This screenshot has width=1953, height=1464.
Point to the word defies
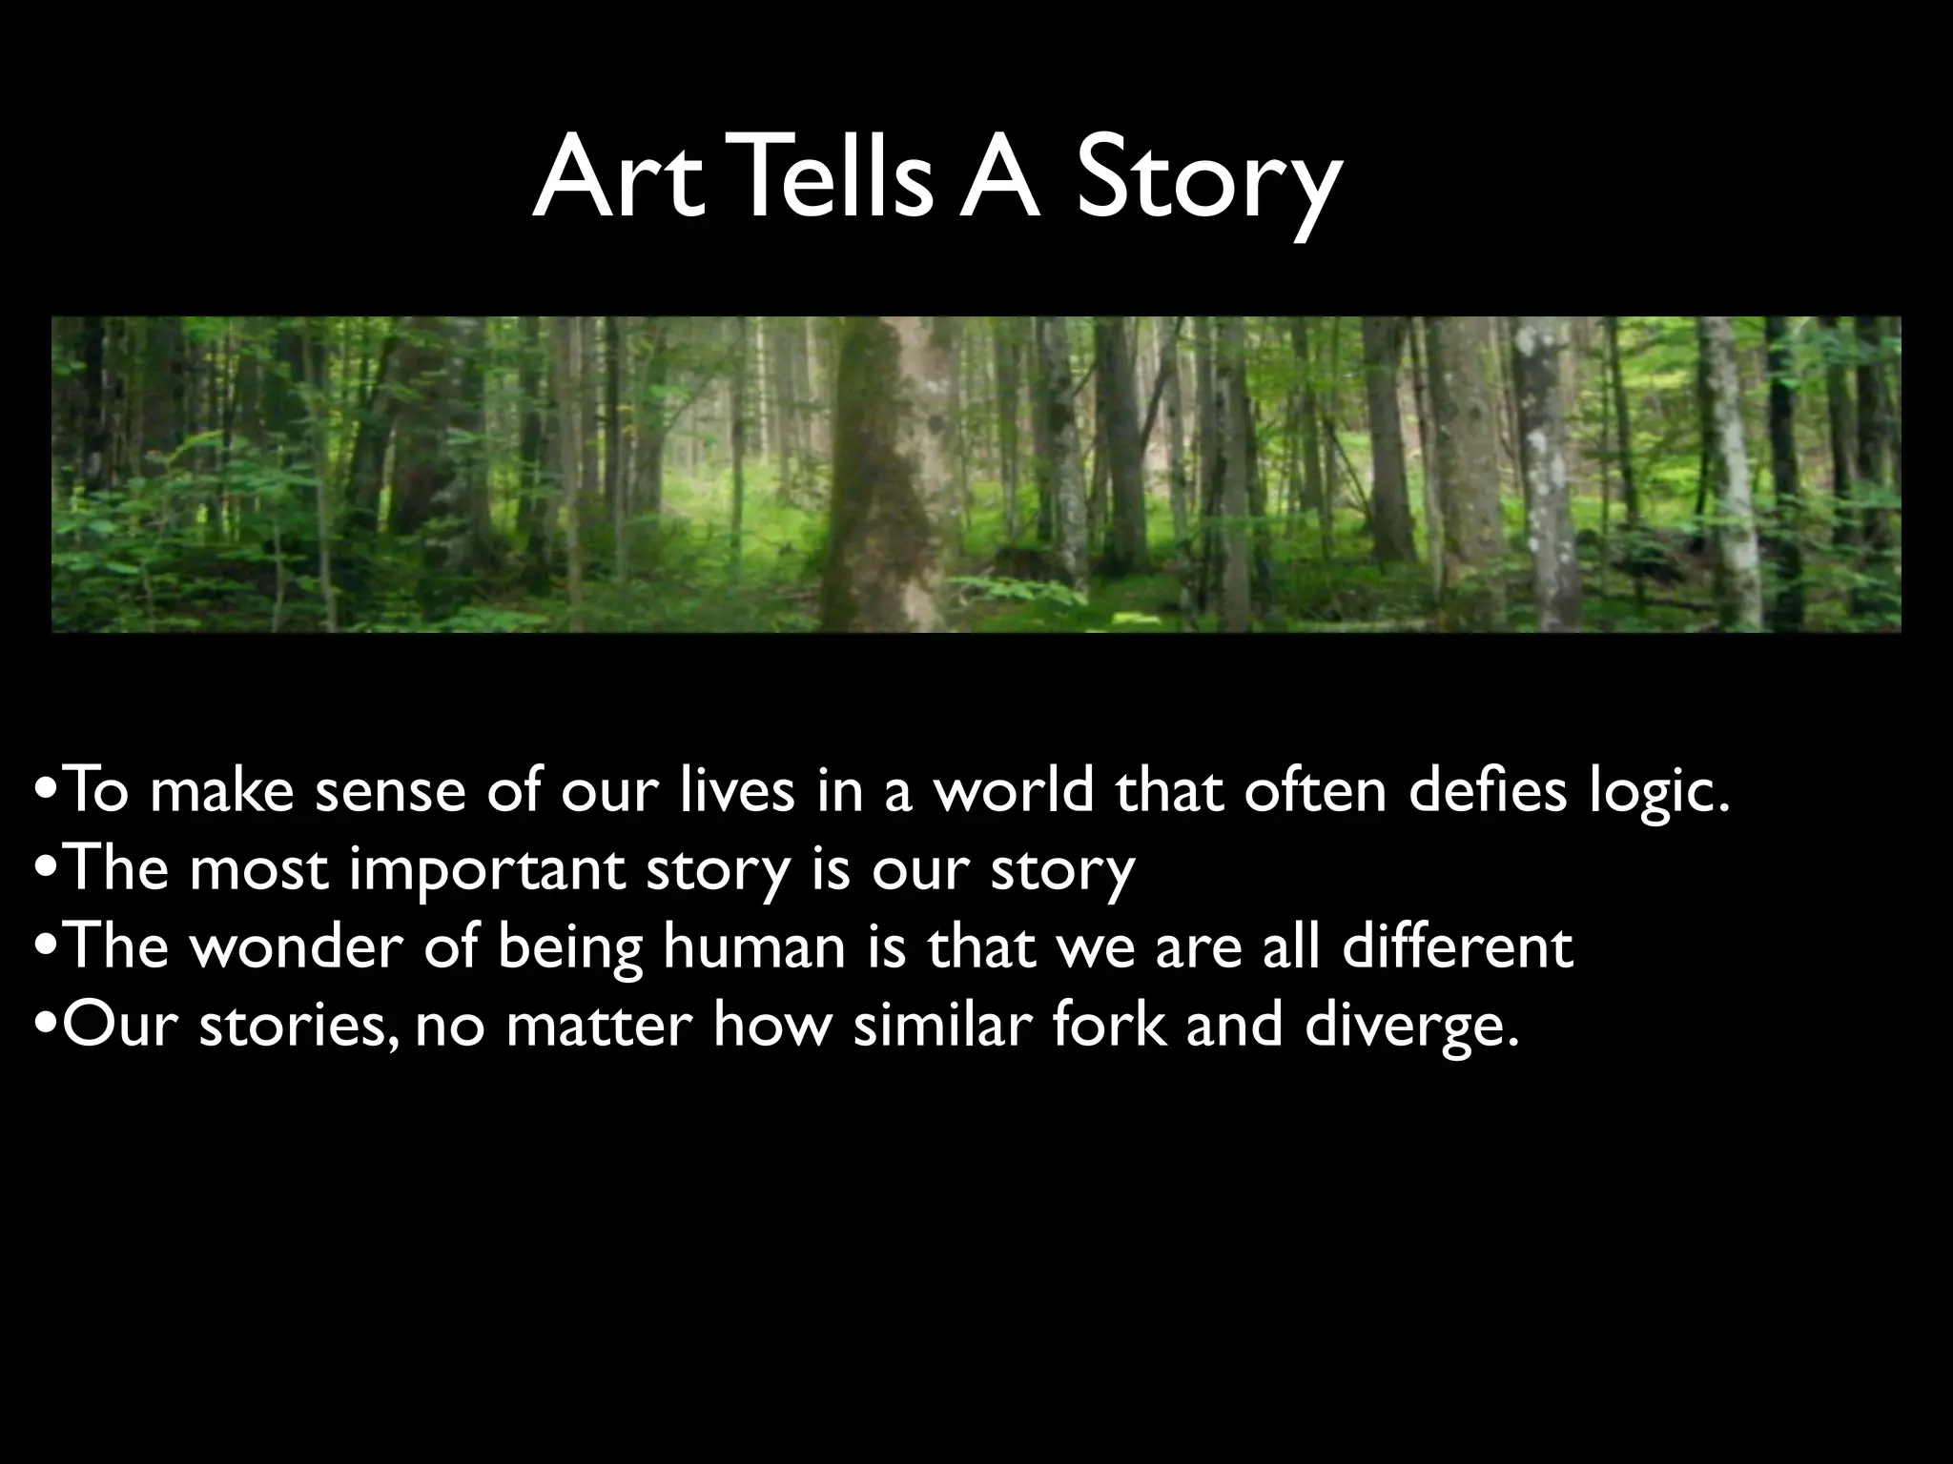coord(1488,791)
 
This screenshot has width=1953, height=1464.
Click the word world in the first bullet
coord(1012,791)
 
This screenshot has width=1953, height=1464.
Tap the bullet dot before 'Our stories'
coord(43,1027)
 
